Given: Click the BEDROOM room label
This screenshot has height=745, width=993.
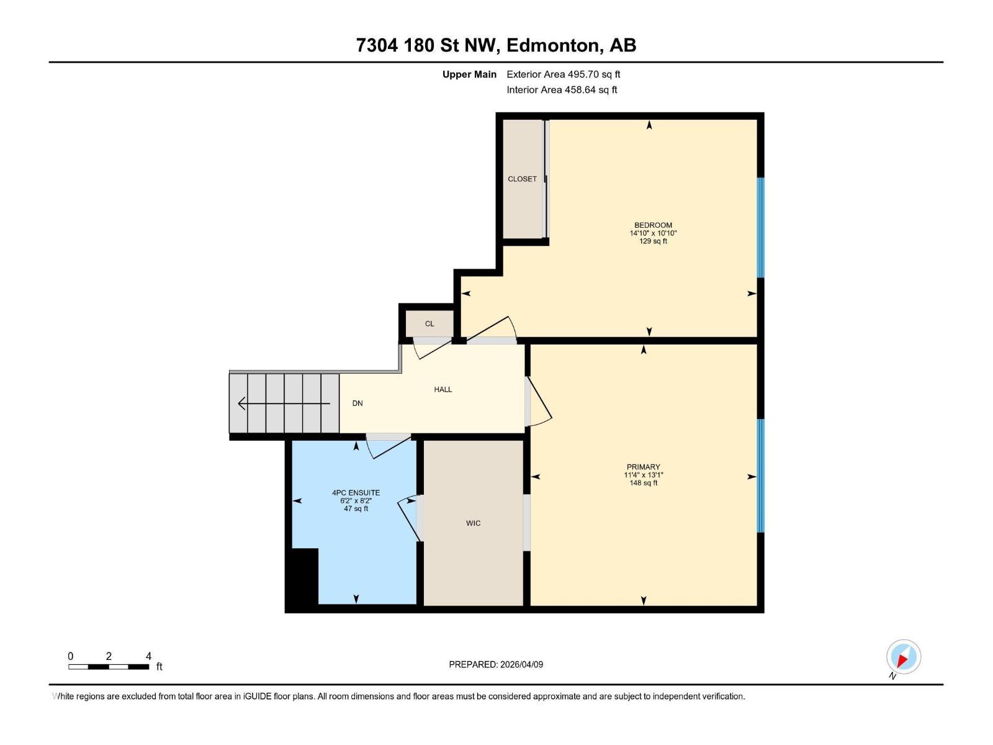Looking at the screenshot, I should point(653,225).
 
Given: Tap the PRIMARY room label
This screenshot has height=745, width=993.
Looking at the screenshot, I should point(643,467).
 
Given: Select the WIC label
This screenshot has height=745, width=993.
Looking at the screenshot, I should point(473,523).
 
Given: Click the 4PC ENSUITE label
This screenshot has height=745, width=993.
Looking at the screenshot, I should point(356,493).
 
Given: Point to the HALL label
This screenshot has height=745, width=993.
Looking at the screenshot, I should point(443,389).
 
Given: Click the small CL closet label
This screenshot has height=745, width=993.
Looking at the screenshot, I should point(429,323).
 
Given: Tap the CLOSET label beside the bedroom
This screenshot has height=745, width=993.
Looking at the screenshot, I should point(522,179).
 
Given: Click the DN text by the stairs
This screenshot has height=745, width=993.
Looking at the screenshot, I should point(357,404).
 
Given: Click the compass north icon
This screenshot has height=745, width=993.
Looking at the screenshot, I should point(903,657).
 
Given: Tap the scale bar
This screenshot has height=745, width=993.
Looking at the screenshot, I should point(109,667).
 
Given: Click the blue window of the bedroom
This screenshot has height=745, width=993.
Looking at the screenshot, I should point(760,228).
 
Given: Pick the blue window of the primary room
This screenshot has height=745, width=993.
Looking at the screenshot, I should point(760,476).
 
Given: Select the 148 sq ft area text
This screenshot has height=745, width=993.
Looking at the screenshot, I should point(643,483).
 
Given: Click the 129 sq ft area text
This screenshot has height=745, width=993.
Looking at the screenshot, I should point(653,242).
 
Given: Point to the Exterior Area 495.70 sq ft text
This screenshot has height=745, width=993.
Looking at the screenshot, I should point(563,74).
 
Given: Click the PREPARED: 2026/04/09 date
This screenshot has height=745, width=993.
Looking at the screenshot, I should point(496,664).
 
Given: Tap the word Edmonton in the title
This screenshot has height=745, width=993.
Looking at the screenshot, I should point(553,45).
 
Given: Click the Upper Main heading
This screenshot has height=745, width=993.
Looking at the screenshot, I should point(469,74).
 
